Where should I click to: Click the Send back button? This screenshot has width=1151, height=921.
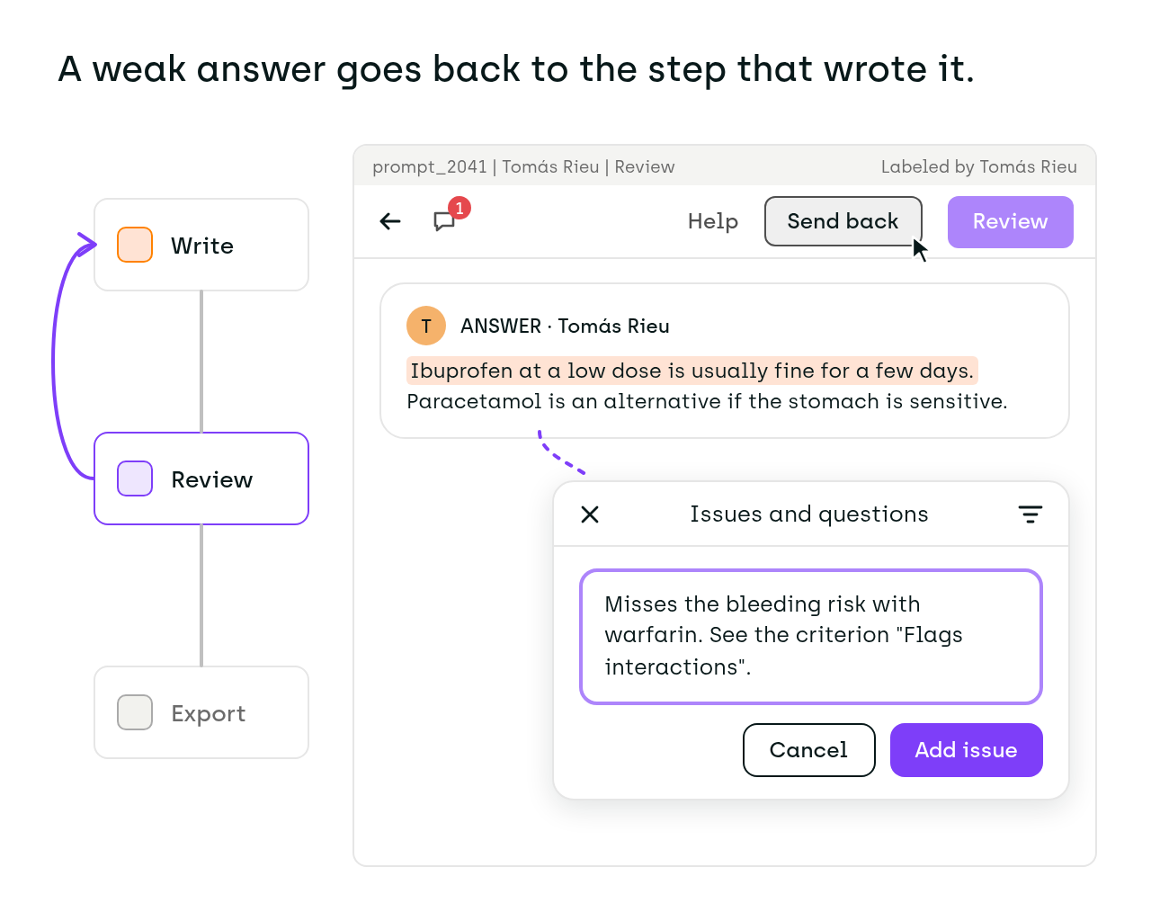843,221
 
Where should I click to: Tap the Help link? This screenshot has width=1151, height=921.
712,221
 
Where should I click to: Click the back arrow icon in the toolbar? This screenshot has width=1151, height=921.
390,221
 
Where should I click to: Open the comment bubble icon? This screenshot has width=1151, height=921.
444,221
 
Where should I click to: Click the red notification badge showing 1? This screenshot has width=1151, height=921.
460,208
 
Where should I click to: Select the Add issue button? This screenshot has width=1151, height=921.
966,750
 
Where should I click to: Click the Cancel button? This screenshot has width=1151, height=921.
808,750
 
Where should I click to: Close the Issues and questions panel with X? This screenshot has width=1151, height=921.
590,514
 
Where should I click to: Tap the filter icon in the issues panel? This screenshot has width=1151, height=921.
1031,514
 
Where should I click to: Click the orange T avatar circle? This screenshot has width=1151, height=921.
426,326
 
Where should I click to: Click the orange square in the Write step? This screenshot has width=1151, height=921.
135,245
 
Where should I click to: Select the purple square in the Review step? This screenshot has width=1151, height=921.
135,478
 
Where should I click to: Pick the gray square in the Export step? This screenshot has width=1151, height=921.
135,712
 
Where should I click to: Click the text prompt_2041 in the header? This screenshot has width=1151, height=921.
430,167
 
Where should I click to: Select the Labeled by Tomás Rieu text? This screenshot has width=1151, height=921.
978,167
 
